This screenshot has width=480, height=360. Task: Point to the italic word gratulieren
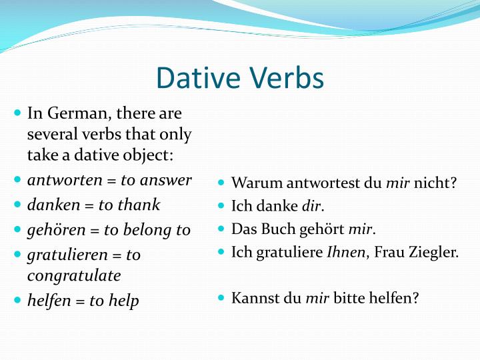65,255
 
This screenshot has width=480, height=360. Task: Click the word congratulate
74,275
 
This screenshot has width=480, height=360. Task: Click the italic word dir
312,207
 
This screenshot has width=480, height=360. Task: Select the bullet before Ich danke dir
222,206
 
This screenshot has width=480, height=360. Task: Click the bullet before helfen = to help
18,300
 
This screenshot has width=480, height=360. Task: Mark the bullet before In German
18,113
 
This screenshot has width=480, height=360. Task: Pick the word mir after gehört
361,229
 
